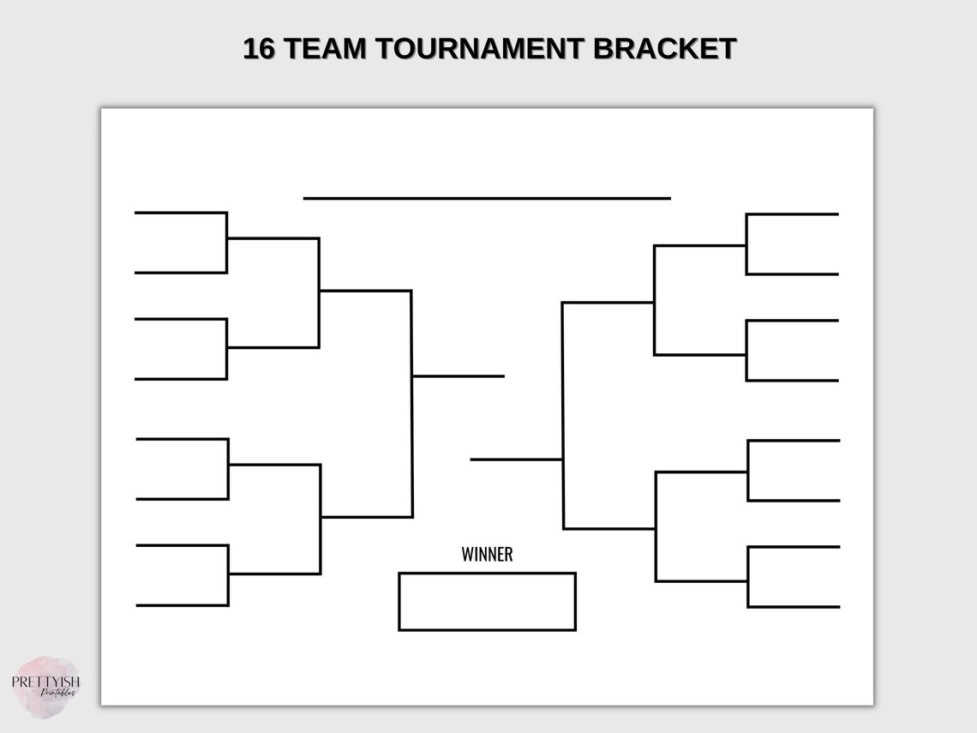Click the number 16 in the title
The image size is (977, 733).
[260, 49]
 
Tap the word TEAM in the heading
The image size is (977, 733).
[325, 49]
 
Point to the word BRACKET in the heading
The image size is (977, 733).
[664, 49]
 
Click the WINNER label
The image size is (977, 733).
[487, 555]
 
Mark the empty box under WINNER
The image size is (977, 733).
[487, 602]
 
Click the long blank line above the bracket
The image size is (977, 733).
[487, 198]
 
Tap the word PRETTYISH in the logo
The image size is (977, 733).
[45, 682]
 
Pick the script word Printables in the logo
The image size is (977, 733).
[58, 694]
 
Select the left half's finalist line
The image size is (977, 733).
[459, 376]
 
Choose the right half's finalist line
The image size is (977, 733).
[516, 460]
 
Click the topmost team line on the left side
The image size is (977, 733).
[180, 213]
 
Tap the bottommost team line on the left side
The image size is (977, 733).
[182, 605]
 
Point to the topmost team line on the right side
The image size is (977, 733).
[793, 214]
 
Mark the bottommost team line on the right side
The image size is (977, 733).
[794, 607]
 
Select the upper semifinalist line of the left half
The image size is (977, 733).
[365, 291]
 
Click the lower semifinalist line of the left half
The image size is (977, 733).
[367, 517]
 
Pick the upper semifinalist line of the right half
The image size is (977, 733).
[608, 303]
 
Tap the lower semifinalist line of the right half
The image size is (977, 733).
[609, 529]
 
